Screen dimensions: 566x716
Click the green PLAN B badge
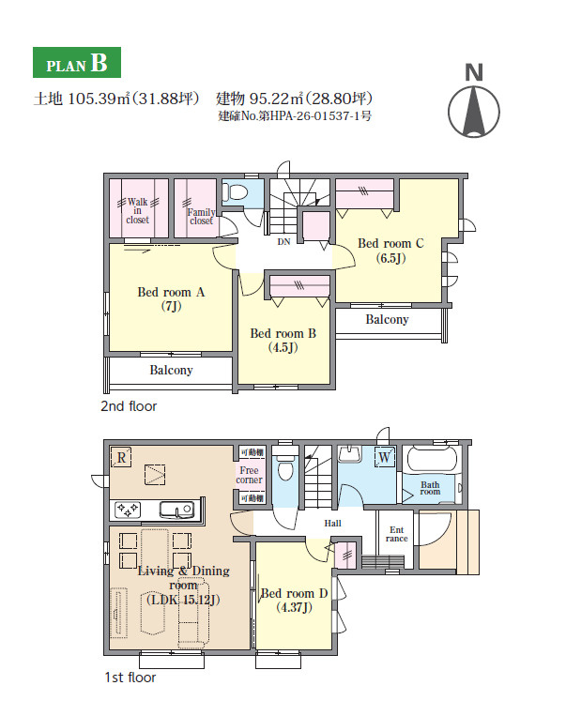(x=77, y=62)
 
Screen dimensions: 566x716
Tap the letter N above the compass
(x=474, y=72)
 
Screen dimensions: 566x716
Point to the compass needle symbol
(x=474, y=112)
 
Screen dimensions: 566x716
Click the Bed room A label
(x=171, y=298)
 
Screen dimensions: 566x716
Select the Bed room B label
(x=283, y=341)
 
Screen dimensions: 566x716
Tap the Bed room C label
(x=390, y=251)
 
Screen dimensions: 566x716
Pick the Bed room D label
(x=294, y=600)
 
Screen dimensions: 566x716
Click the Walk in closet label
(x=137, y=210)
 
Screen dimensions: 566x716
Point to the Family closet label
(x=201, y=217)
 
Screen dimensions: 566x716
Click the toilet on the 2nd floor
(x=236, y=191)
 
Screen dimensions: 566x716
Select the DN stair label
(x=283, y=241)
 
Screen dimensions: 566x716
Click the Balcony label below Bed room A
(x=171, y=370)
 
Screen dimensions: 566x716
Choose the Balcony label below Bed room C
(x=387, y=319)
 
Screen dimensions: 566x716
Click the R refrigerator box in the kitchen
(x=121, y=457)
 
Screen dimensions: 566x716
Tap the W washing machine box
(x=385, y=457)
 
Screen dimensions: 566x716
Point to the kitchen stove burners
(x=128, y=510)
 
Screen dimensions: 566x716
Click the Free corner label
(x=249, y=475)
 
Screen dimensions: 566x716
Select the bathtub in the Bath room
(x=431, y=459)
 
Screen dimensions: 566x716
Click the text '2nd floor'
(x=129, y=406)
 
